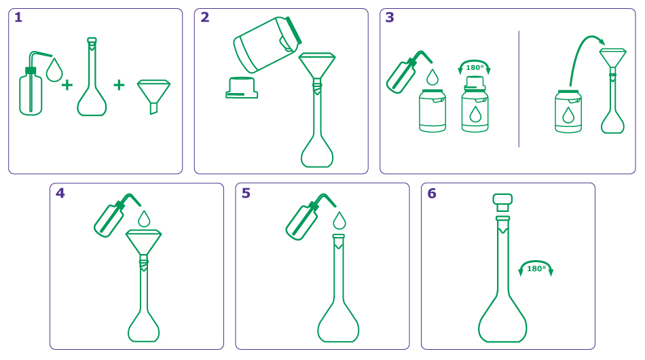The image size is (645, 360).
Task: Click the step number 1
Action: [x=18, y=18]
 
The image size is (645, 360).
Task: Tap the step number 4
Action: [x=60, y=193]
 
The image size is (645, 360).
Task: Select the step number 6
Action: [x=432, y=194]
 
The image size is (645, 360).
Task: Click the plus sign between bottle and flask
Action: [x=67, y=86]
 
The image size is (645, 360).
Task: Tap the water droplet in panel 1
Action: [x=54, y=69]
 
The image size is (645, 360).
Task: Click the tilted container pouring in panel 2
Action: [x=266, y=45]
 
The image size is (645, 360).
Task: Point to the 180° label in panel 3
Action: [x=475, y=67]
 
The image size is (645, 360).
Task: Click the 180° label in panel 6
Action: [x=536, y=268]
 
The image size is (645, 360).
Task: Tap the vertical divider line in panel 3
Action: [x=519, y=88]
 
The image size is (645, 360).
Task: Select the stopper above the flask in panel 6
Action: [x=502, y=202]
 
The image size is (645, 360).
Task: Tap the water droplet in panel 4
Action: [x=144, y=219]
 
